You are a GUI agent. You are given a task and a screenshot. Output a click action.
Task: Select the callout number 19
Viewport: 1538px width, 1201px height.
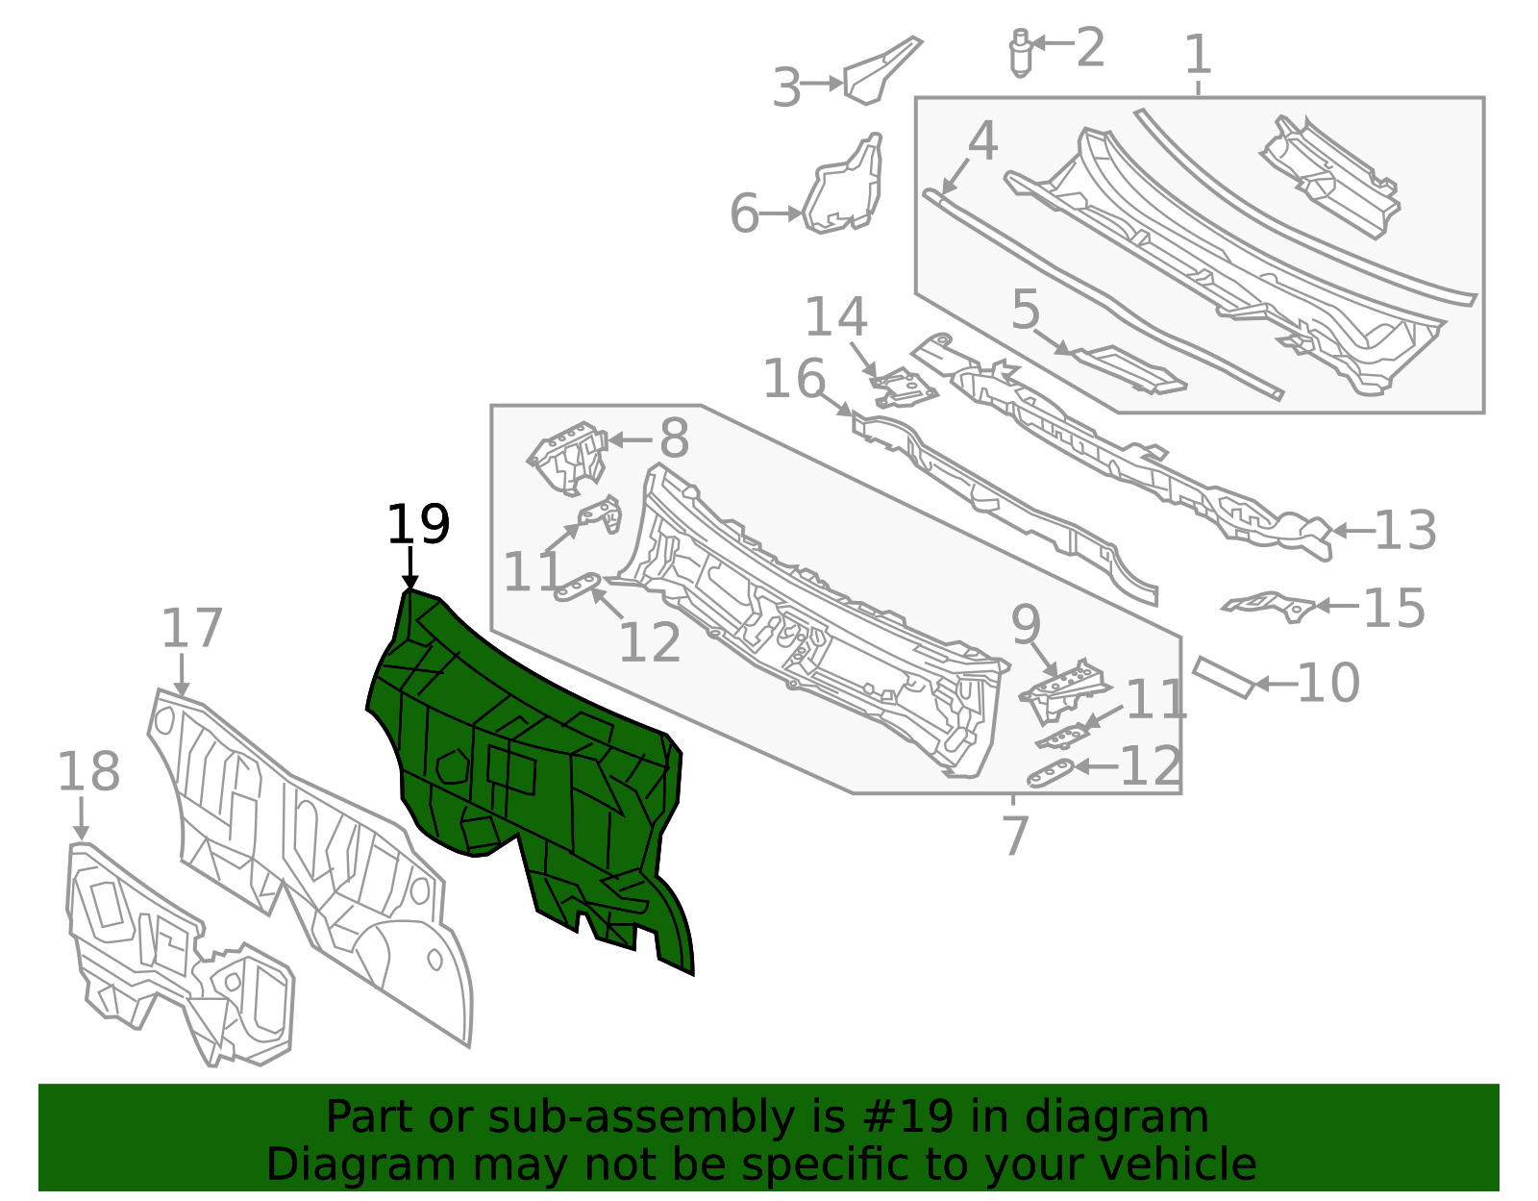point(417,524)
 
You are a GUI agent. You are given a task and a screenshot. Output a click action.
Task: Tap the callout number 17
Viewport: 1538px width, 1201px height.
point(192,628)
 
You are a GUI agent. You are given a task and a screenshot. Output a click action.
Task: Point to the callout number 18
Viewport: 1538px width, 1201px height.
point(88,771)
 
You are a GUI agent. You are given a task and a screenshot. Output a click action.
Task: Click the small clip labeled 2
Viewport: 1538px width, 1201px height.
point(1020,52)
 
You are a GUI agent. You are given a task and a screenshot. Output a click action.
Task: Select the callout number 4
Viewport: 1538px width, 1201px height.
point(982,140)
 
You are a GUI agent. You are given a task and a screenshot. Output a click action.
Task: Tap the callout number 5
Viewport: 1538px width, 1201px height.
point(1026,310)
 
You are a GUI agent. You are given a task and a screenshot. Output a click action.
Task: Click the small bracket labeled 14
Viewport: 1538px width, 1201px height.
point(905,388)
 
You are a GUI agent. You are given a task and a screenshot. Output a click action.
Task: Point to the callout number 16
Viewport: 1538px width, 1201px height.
point(794,379)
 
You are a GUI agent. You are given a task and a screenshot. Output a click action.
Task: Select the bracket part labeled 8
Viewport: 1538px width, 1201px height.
point(568,458)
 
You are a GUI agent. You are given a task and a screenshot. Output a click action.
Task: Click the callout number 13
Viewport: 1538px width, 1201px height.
point(1405,530)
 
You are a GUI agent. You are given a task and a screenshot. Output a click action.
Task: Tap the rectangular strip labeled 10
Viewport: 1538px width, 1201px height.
point(1225,678)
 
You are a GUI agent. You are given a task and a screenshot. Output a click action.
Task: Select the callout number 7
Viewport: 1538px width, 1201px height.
point(1015,836)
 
